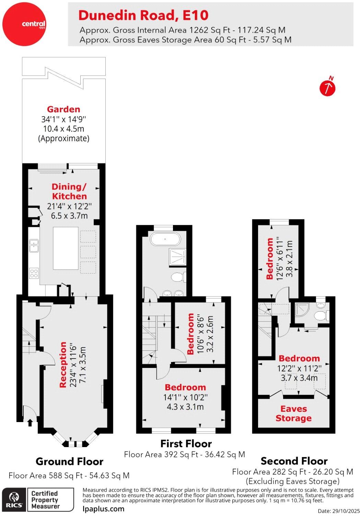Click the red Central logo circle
[24, 24]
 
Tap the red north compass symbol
[327, 88]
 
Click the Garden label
[63, 109]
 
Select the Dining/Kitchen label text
[69, 191]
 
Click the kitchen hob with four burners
[34, 273]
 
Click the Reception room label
[63, 365]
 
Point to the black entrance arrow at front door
[30, 422]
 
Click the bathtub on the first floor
[165, 239]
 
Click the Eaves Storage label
[293, 413]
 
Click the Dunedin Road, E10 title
[143, 15]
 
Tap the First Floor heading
[186, 444]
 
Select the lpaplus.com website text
[103, 509]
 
